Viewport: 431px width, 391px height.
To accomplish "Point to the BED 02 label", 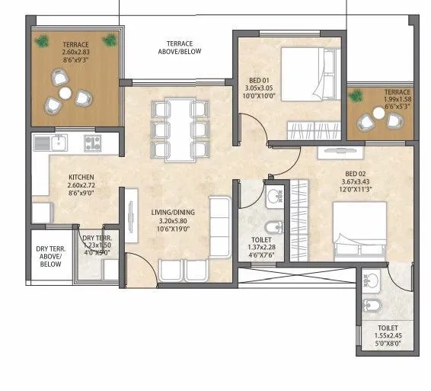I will tap(356, 173).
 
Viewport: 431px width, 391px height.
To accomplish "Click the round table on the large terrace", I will tap(65, 93).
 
